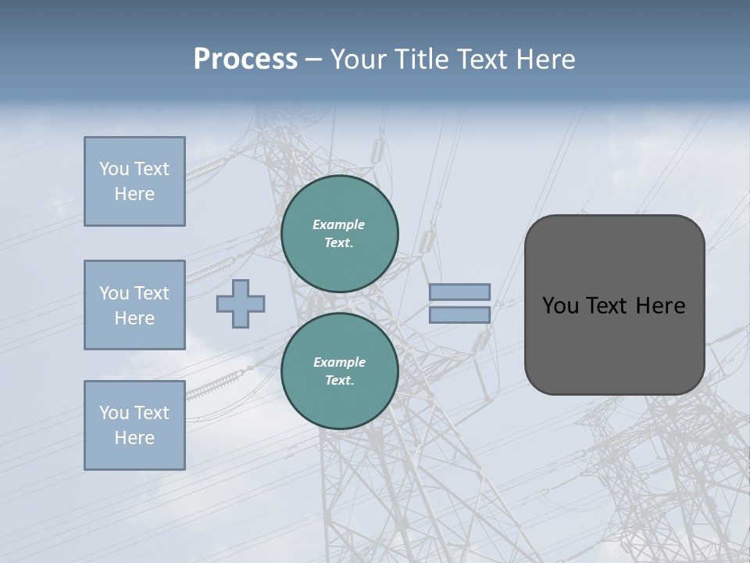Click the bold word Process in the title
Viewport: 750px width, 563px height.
245,59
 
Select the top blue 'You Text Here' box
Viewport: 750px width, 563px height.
134,181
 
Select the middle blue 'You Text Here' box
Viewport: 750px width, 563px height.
134,305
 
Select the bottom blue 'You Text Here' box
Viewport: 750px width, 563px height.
134,425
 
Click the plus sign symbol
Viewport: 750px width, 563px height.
241,303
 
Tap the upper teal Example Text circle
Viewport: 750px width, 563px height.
339,234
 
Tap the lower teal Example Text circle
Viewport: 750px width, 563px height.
339,371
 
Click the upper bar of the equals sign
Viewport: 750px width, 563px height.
460,292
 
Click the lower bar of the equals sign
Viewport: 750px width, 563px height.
460,314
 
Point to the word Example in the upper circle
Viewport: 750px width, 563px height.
338,224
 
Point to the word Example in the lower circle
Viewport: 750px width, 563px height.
338,362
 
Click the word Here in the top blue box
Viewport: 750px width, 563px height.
134,194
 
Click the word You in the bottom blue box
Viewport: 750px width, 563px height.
114,413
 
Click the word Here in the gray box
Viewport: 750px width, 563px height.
660,306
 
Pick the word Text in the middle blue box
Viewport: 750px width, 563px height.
152,293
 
